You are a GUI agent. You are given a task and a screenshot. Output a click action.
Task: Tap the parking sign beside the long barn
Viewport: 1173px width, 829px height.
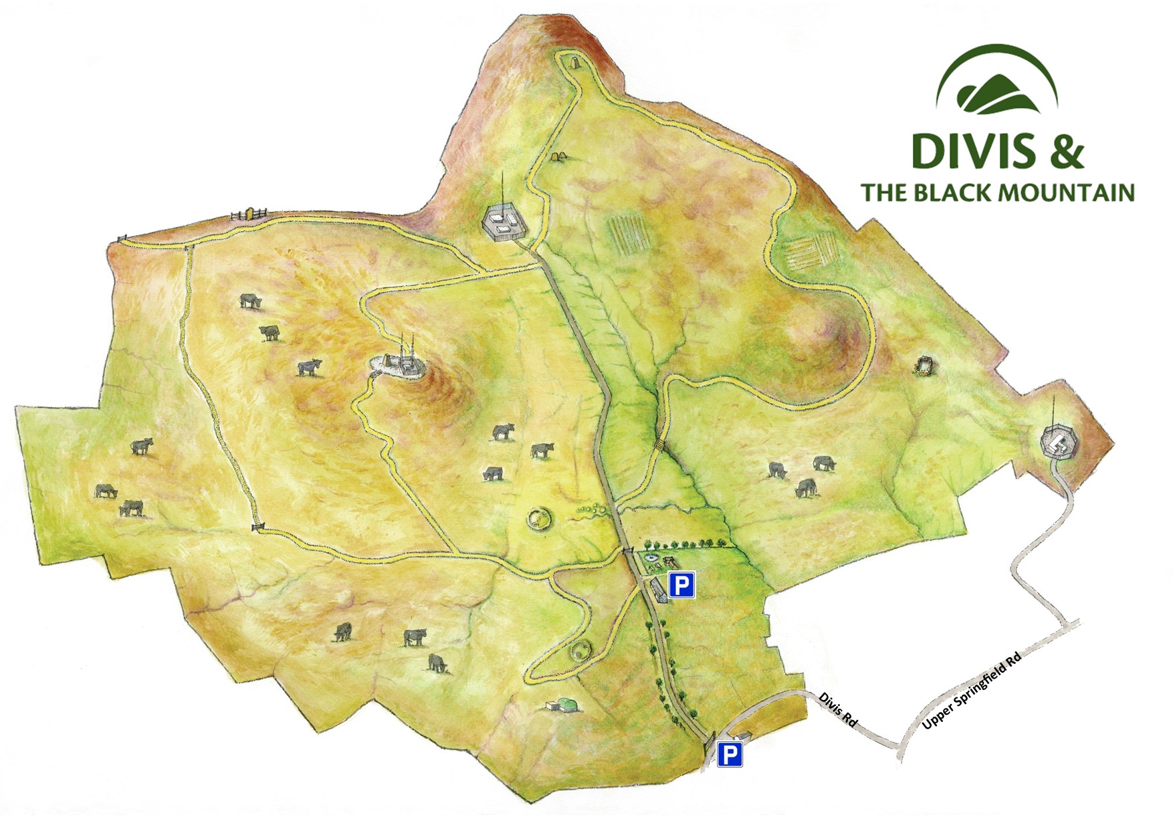pyautogui.click(x=681, y=585)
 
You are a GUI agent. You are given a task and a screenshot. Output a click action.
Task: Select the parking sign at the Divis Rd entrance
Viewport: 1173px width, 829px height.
pyautogui.click(x=730, y=755)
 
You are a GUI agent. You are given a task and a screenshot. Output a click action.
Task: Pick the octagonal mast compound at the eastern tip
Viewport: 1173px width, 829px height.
pyautogui.click(x=1057, y=441)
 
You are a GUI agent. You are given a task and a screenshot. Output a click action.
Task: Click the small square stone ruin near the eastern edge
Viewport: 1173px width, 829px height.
pyautogui.click(x=926, y=366)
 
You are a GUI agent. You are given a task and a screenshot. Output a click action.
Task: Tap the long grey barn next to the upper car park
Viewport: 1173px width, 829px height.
pyautogui.click(x=658, y=590)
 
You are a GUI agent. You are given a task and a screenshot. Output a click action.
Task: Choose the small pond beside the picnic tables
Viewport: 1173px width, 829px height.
pyautogui.click(x=649, y=556)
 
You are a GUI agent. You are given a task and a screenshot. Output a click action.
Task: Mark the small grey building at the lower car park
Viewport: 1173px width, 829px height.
pyautogui.click(x=742, y=736)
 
